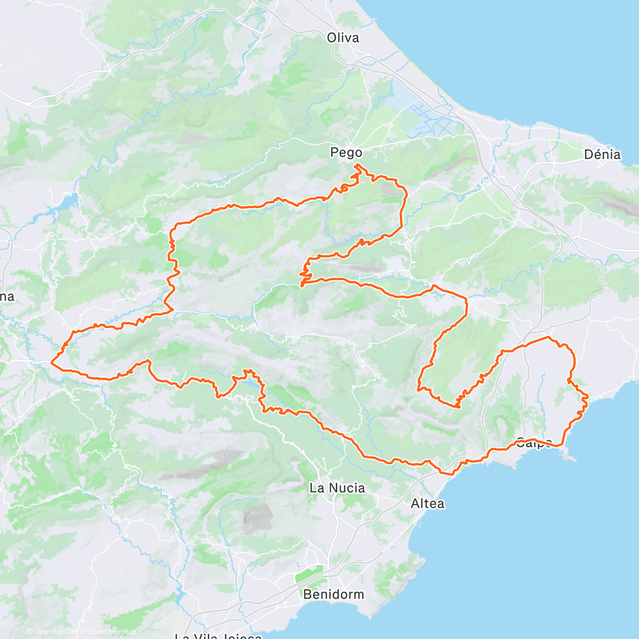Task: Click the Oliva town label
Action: [343, 38]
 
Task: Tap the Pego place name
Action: [346, 153]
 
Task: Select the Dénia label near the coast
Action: [602, 155]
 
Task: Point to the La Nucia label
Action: [337, 488]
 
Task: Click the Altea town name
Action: [428, 503]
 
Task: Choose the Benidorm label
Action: [333, 594]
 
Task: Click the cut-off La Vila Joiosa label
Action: [218, 635]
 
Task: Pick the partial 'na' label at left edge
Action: [7, 297]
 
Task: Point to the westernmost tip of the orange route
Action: [52, 363]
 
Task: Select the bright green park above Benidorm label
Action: [309, 575]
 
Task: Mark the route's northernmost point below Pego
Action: [356, 166]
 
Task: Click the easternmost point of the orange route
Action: [588, 397]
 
